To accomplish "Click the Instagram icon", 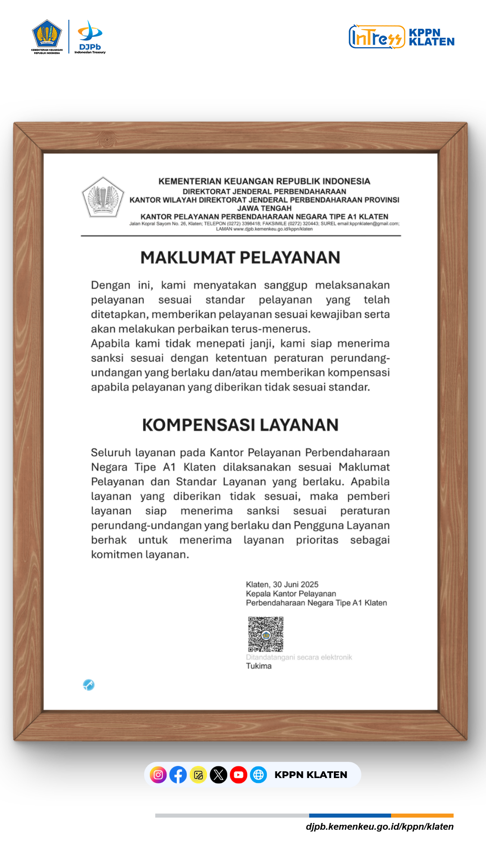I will click(158, 775).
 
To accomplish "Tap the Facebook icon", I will click(178, 775).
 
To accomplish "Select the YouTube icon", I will click(238, 775).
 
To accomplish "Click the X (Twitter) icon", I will click(218, 775).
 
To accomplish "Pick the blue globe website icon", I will click(258, 775).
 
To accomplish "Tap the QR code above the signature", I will click(265, 634).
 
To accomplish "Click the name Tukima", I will click(259, 666).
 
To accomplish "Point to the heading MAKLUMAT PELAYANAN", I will click(240, 258).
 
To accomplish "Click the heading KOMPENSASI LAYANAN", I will click(240, 425).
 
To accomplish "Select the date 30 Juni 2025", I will click(296, 584).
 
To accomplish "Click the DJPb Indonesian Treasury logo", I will click(90, 37).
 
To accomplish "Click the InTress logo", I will click(377, 37).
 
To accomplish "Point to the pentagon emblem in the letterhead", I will click(103, 197).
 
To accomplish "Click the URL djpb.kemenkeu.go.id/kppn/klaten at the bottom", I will click(379, 827).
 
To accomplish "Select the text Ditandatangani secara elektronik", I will click(299, 657).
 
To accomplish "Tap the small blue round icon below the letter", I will click(89, 685).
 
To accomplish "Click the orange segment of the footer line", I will click(422, 815).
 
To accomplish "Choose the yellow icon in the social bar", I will click(198, 775).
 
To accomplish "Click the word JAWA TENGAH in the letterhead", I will click(265, 208).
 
